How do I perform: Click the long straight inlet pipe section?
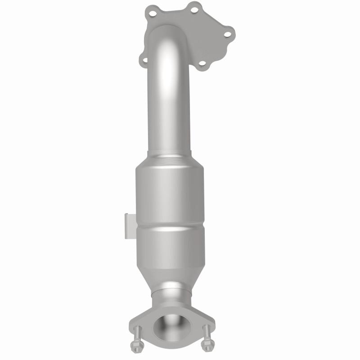170,112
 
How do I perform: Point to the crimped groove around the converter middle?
170,226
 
